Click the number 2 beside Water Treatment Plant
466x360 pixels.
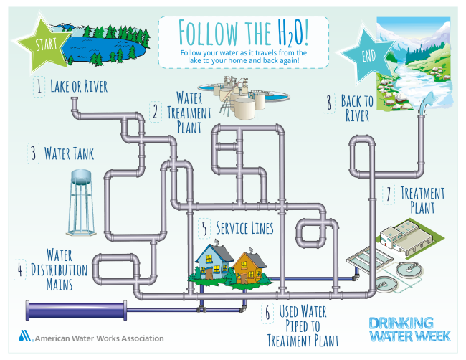click(155, 112)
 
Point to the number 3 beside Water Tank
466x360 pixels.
click(33, 153)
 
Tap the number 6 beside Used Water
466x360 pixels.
click(267, 313)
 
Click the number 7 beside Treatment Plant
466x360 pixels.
click(388, 194)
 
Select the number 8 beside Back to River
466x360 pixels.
click(329, 103)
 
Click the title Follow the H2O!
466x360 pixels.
click(243, 32)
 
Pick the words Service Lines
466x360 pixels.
click(246, 228)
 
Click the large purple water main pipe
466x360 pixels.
click(76, 310)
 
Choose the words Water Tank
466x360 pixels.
click(69, 153)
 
